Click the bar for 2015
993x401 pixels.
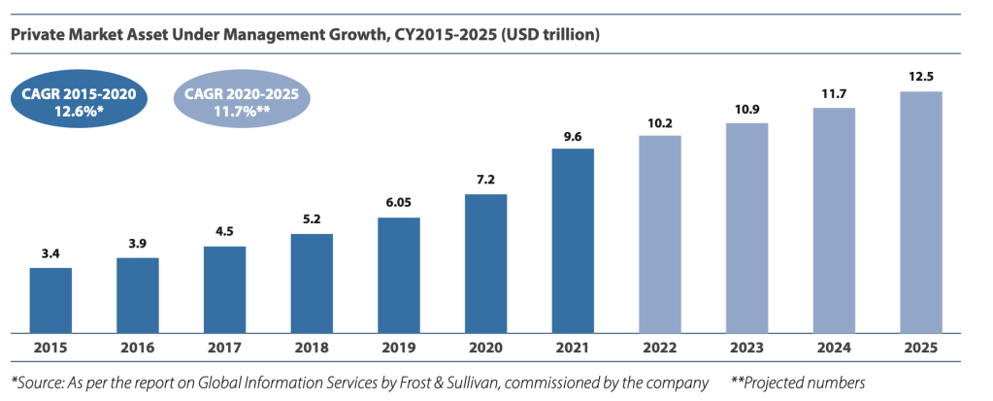[x=50, y=299]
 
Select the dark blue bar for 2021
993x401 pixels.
[x=573, y=240]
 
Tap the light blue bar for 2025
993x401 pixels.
[x=921, y=211]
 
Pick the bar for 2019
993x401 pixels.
[x=399, y=274]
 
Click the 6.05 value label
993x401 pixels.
[x=399, y=203]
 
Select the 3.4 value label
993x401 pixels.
[x=50, y=253]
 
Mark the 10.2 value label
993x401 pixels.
[x=660, y=121]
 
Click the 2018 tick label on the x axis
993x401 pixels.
[x=312, y=348]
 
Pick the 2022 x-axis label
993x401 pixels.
[x=660, y=348]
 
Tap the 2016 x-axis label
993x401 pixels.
[x=138, y=348]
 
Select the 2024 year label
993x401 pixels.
[x=834, y=348]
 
